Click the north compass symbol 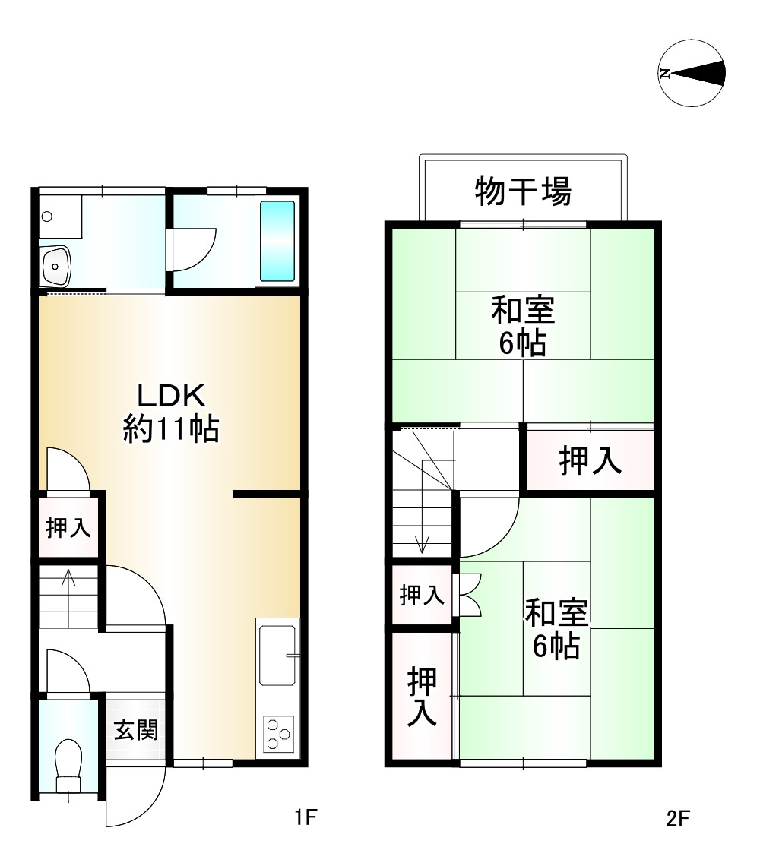(692, 74)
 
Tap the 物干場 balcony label (523, 191)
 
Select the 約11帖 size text (171, 430)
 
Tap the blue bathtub (277, 242)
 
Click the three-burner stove (278, 734)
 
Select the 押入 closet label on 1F (68, 528)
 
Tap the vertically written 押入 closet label (422, 697)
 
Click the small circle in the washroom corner (47, 216)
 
